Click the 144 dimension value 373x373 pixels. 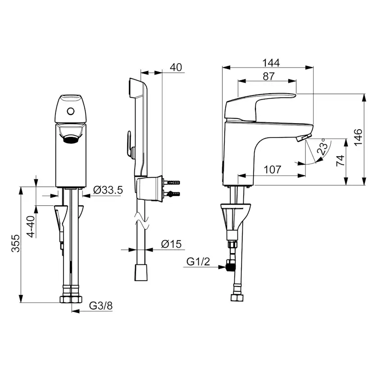(271, 63)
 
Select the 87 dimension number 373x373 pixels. (269, 77)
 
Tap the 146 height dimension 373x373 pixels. (358, 137)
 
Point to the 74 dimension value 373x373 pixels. (341, 160)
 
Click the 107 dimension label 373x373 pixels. (273, 170)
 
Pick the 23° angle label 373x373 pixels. (323, 147)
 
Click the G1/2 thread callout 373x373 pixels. (198, 262)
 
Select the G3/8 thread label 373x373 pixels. (100, 306)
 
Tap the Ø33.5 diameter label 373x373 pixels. (108, 190)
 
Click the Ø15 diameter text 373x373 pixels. (171, 244)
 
